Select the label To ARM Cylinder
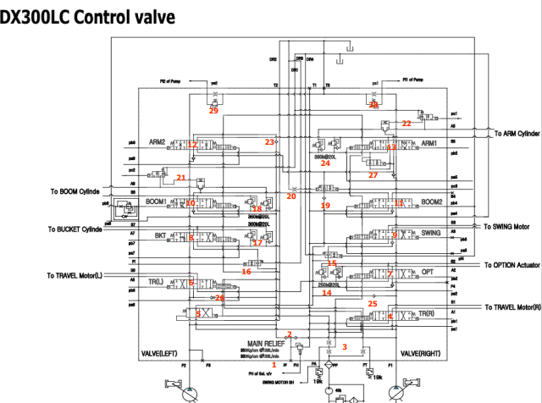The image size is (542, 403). [x=516, y=134]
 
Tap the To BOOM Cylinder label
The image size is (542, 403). [x=81, y=192]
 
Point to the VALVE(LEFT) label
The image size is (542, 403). [x=160, y=352]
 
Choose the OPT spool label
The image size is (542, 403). [x=427, y=273]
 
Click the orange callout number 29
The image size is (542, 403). [x=213, y=111]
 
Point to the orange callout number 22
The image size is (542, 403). [x=406, y=124]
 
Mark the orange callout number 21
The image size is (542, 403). [x=181, y=178]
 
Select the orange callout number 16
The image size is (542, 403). [x=246, y=272]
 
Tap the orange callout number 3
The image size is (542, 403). [x=345, y=346]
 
